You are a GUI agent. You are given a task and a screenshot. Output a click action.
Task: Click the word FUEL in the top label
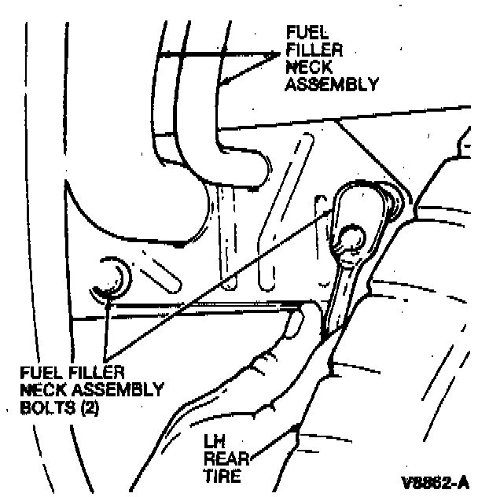point(303,33)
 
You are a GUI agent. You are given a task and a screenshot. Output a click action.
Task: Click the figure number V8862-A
point(436,480)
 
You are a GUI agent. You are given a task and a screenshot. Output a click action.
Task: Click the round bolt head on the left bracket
point(109,278)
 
